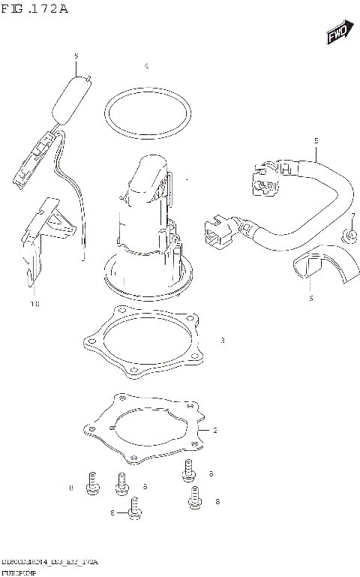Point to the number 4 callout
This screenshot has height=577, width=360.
146,67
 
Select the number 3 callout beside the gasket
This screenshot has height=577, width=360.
223,341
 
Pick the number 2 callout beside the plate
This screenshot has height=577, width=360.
215,430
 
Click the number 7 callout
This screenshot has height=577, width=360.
352,216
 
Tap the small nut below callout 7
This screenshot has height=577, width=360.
349,236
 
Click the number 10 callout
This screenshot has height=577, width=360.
34,304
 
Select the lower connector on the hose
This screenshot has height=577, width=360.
218,230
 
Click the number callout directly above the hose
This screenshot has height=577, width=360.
316,140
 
